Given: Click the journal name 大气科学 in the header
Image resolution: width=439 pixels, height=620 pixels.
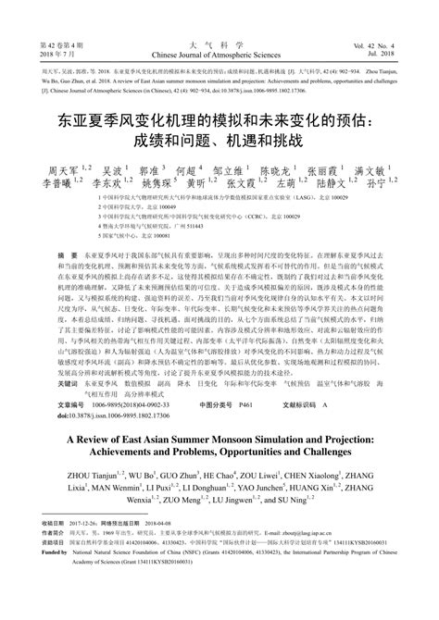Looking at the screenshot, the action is pos(219,43).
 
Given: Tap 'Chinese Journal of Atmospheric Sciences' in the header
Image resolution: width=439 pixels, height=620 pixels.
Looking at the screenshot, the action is pos(219,55).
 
